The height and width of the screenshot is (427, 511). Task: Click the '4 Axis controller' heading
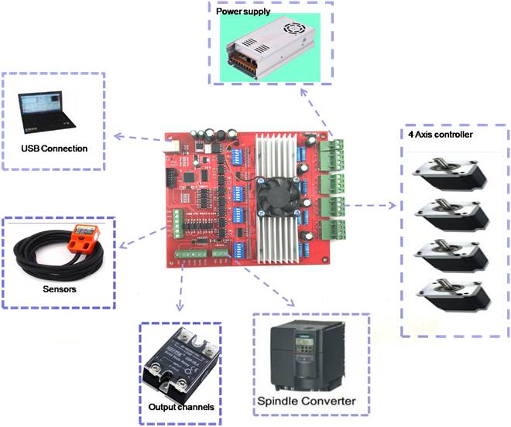[441, 134]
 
